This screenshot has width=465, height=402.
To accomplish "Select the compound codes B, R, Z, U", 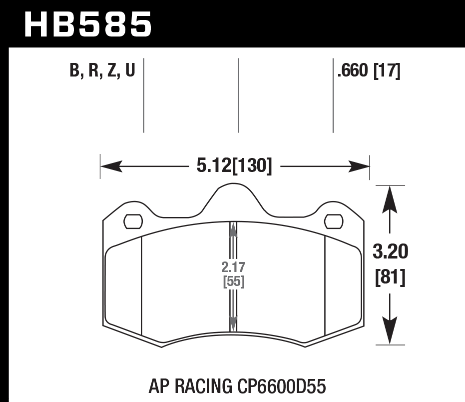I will point(102,71).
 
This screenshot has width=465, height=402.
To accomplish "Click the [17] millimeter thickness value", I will point(387,71).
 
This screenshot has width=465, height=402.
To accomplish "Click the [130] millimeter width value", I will point(253,166).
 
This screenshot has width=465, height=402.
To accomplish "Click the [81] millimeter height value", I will point(390,276).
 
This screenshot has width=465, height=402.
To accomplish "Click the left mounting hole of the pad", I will point(133,220).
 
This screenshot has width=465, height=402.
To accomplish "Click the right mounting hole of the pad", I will point(334,220).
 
